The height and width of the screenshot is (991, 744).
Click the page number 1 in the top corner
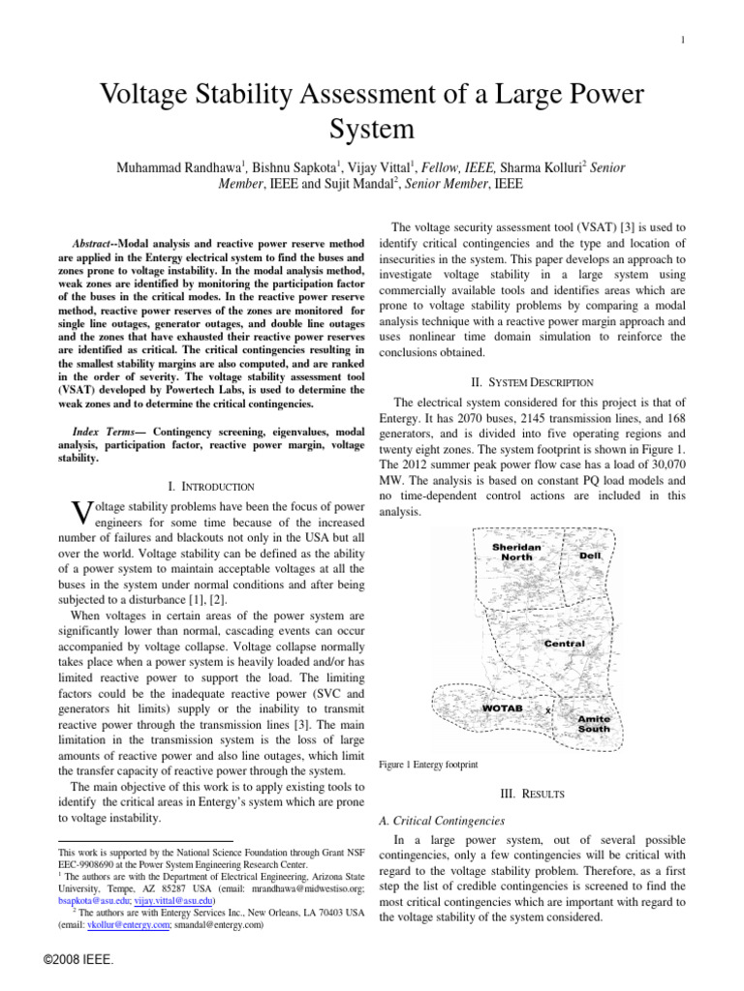pos(684,40)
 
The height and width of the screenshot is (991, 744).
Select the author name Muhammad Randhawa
pos(177,168)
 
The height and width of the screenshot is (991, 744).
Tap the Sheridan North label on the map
pos(516,553)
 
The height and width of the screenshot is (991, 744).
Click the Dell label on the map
pos(589,556)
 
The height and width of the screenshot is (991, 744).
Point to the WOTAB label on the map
pos(502,709)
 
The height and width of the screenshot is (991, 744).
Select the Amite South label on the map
pos(593,724)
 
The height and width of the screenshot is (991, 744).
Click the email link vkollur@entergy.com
pos(118,924)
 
